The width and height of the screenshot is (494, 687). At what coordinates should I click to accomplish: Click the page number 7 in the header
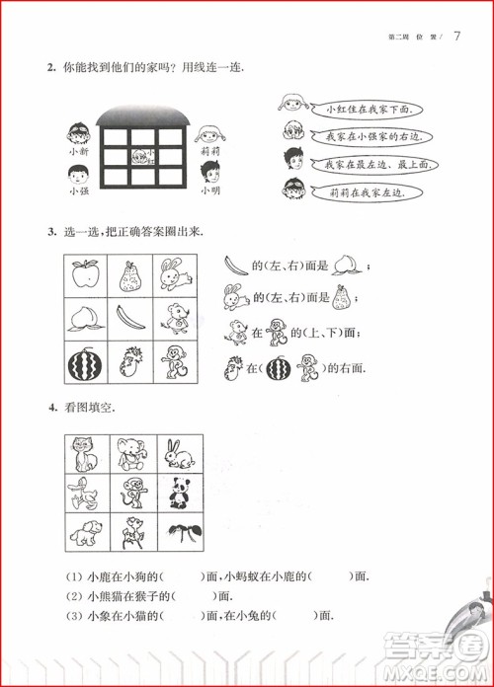457,38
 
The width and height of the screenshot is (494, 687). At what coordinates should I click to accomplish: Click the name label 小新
79,152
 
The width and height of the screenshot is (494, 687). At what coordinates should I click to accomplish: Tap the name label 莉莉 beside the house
209,152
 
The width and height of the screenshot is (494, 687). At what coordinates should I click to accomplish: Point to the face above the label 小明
209,173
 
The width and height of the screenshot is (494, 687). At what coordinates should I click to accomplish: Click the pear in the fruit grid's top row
131,275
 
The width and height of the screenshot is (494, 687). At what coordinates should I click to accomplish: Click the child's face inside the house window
143,155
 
